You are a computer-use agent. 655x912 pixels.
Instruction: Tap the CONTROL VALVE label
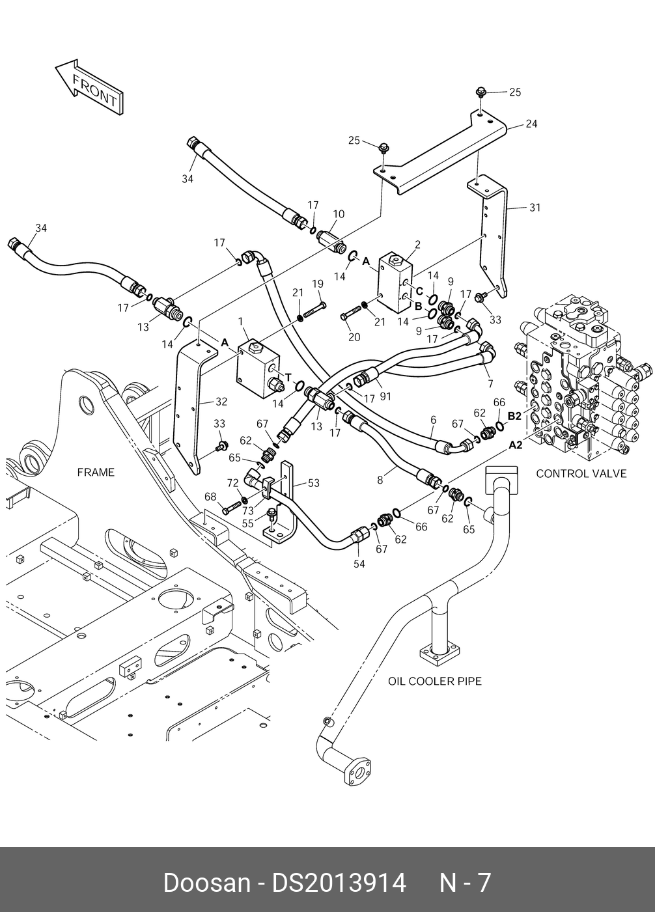(x=581, y=473)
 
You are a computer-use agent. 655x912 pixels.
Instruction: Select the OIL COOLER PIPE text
(x=435, y=681)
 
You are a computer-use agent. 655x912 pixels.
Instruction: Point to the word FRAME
(x=96, y=472)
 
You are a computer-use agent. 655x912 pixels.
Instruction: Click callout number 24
(x=531, y=123)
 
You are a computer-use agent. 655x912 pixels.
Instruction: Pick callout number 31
(x=535, y=208)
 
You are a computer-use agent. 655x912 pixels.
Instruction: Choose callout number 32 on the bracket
(x=222, y=402)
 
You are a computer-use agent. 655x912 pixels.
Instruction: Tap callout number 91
(x=385, y=395)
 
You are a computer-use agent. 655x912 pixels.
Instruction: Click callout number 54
(x=359, y=564)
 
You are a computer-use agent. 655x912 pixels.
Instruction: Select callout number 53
(x=314, y=483)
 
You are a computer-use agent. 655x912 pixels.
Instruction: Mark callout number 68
(x=210, y=497)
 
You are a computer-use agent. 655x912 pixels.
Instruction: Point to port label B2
(x=514, y=415)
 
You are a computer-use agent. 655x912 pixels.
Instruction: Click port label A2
(x=515, y=445)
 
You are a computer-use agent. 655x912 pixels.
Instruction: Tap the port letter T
(x=287, y=377)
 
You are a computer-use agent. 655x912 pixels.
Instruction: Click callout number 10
(x=339, y=214)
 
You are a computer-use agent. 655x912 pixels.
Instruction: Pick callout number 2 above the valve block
(x=417, y=245)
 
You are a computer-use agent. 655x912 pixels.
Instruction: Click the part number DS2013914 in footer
(x=339, y=883)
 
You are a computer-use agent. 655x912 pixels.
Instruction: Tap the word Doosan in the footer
(x=206, y=883)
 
